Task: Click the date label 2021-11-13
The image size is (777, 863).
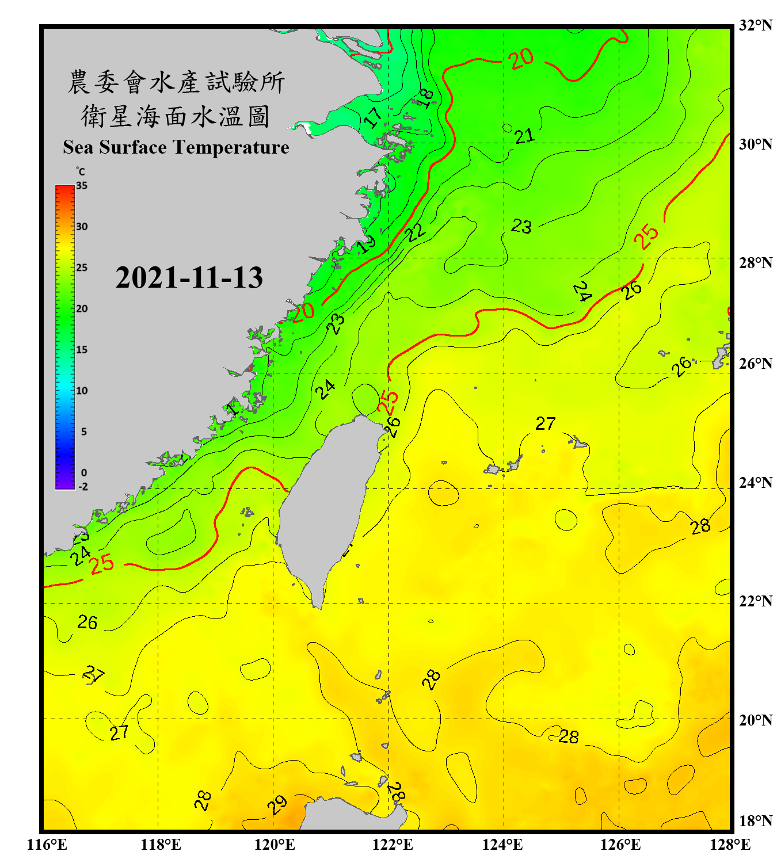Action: pyautogui.click(x=189, y=277)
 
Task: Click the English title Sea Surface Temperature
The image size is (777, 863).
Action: pyautogui.click(x=176, y=147)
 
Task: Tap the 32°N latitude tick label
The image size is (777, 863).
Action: pyautogui.click(x=755, y=25)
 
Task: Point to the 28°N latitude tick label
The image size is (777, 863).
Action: pyautogui.click(x=755, y=263)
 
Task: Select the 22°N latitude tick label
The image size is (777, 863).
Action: pyautogui.click(x=755, y=601)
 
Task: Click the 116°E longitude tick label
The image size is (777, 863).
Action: pyautogui.click(x=47, y=845)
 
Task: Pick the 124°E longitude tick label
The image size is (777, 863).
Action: pyautogui.click(x=502, y=845)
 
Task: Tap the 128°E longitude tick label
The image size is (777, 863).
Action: pyautogui.click(x=730, y=845)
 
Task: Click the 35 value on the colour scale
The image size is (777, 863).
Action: pyautogui.click(x=82, y=185)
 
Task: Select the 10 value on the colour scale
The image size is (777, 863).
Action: pyautogui.click(x=82, y=391)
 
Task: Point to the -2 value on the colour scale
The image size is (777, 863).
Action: pyautogui.click(x=83, y=486)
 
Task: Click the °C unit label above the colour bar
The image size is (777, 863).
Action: pyautogui.click(x=81, y=171)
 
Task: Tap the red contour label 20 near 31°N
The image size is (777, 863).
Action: pyautogui.click(x=521, y=58)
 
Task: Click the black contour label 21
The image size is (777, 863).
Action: pyautogui.click(x=524, y=136)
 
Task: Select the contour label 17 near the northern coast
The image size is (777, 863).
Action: pyautogui.click(x=373, y=117)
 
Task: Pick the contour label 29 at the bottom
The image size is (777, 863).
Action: pyautogui.click(x=277, y=804)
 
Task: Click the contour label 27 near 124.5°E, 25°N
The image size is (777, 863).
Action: pyautogui.click(x=545, y=423)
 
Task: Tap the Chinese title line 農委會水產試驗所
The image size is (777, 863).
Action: pyautogui.click(x=176, y=82)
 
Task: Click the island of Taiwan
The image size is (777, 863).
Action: pyautogui.click(x=328, y=506)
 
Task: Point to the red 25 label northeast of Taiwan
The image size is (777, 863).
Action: pyautogui.click(x=388, y=400)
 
